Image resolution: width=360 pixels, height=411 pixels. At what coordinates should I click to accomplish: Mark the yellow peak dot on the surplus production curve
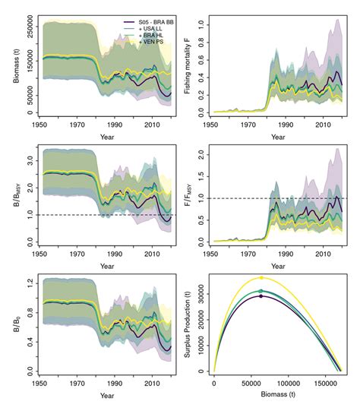(261, 278)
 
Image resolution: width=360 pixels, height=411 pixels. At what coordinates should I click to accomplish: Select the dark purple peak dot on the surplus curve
(261, 296)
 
